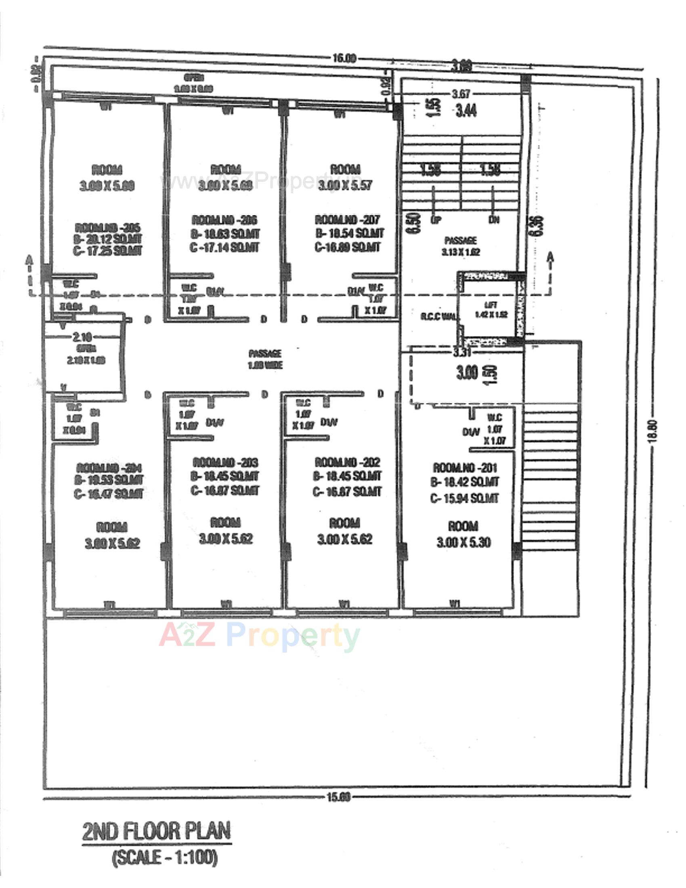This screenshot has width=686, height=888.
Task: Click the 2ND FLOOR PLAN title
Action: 157,831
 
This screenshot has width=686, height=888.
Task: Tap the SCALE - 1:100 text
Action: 165,857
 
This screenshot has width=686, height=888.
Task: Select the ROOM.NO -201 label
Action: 465,467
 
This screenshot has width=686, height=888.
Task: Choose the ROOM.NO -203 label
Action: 225,462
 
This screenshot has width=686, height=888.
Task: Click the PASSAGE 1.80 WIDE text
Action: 265,359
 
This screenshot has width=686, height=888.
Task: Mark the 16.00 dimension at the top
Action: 344,58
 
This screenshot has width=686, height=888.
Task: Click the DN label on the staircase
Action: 494,220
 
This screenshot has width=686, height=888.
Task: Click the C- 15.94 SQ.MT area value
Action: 464,498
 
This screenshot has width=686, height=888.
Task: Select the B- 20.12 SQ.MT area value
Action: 108,239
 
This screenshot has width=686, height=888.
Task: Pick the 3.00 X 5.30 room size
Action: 464,542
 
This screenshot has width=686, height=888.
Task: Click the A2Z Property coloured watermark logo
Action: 259,635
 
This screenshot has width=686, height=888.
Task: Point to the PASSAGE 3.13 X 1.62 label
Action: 461,246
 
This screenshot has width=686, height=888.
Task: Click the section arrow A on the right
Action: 551,258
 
